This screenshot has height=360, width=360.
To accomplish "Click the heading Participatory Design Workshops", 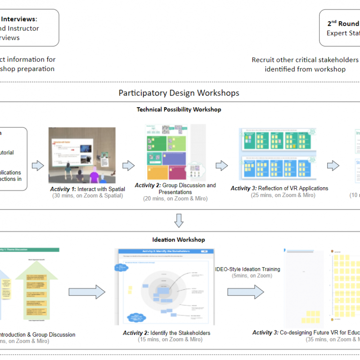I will [x=179, y=93].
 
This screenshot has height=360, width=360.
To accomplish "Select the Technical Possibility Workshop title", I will [x=179, y=109].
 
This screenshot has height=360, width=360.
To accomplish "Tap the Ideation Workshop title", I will [x=179, y=240].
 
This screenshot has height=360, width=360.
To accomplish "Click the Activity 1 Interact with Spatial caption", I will [x=87, y=189].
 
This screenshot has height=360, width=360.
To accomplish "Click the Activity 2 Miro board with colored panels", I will [x=170, y=153].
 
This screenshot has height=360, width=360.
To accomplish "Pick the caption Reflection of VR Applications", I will [x=279, y=188].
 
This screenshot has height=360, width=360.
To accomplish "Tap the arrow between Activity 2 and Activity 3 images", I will [x=221, y=166].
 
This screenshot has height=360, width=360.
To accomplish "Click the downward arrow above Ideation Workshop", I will [x=179, y=220].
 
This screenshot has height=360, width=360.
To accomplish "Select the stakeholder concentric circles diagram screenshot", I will [x=164, y=287].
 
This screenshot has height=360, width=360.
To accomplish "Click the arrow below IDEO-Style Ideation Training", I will [x=246, y=292].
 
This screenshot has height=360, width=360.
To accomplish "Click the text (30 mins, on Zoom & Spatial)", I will [x=87, y=196].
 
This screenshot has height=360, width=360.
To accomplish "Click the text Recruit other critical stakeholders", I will [x=305, y=60].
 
